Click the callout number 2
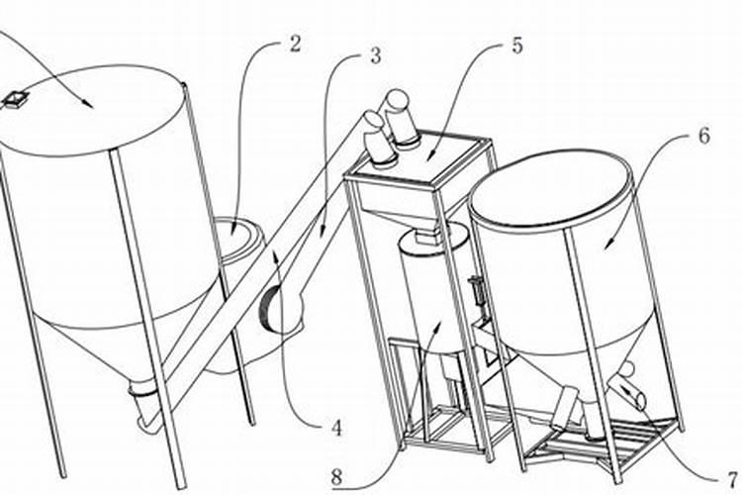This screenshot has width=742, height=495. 295,44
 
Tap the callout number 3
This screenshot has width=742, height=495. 375,55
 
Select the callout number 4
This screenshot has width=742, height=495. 336,429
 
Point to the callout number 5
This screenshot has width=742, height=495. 516,46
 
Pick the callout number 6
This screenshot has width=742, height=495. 704,137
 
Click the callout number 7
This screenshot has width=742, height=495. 733,478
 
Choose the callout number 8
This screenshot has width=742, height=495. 336,477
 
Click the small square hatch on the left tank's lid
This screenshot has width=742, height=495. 14,100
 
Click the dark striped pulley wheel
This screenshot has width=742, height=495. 269,310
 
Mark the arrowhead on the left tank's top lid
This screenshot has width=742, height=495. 87,103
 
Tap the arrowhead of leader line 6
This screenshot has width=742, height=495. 609,243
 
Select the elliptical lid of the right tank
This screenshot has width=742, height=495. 550,188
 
